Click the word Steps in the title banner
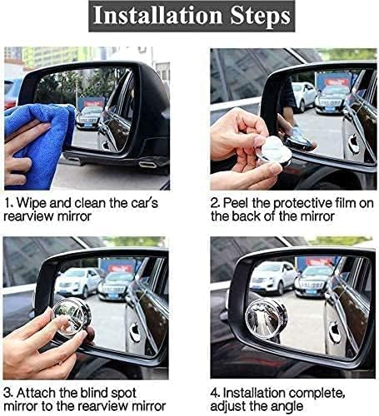(x=257, y=17)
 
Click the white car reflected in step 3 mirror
(x=80, y=282)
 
